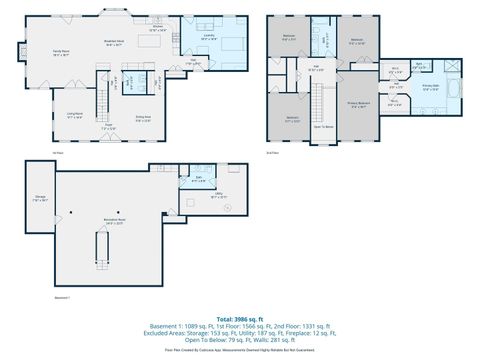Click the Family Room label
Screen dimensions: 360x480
tap(60, 52)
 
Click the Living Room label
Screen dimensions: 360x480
tap(75, 115)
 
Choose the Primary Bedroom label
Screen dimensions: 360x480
tap(358, 104)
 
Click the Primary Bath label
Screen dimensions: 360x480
tap(430, 88)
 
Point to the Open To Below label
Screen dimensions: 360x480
tap(323, 126)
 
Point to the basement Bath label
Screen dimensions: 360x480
tap(199, 179)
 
